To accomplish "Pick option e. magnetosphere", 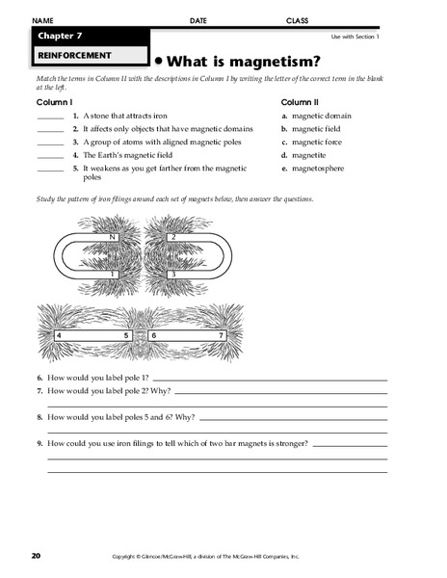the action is click(x=316, y=168).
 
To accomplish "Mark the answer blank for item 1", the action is click(x=50, y=117).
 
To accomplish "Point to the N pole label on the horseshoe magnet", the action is click(x=113, y=236).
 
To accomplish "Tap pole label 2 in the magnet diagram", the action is click(x=172, y=236).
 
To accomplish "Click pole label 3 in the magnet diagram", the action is click(x=171, y=275).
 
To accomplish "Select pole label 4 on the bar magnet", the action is click(x=60, y=336).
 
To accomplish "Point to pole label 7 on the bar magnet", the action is click(x=223, y=336).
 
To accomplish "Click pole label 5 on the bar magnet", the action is click(x=126, y=336).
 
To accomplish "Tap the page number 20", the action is click(x=36, y=555).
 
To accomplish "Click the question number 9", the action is click(x=39, y=443).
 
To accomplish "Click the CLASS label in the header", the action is click(x=297, y=20).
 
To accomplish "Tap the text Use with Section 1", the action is click(x=355, y=37).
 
